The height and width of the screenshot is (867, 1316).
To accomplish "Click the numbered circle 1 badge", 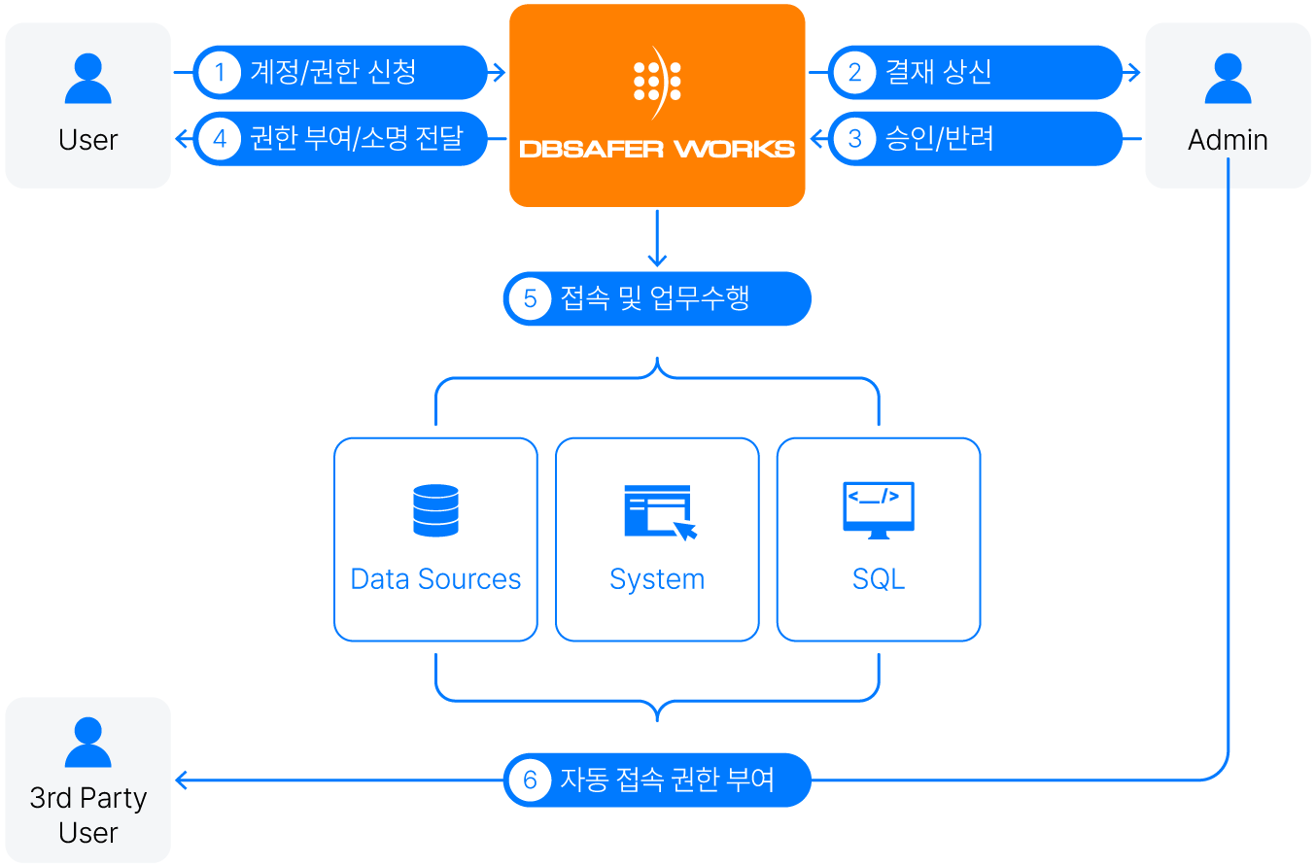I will click(221, 72).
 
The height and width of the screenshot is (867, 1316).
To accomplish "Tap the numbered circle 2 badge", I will click(855, 72).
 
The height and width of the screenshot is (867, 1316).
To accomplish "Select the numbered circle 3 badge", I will click(855, 138).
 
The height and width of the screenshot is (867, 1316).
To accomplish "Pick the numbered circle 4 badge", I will click(221, 138).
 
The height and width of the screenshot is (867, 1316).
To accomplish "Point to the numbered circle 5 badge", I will click(531, 298).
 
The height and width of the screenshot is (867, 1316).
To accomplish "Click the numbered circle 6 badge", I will click(531, 780).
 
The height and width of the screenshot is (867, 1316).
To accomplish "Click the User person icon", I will click(87, 79).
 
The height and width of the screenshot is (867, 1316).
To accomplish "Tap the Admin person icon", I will click(1228, 79).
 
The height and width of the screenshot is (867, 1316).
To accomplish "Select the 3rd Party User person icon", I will click(87, 743).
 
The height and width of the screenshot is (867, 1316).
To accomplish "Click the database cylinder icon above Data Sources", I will click(435, 510).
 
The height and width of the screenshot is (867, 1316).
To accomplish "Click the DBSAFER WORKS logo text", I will click(657, 149).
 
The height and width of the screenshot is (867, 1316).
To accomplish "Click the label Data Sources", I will click(435, 579).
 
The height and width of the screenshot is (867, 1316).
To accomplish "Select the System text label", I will click(657, 579).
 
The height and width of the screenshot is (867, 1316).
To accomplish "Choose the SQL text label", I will click(879, 579).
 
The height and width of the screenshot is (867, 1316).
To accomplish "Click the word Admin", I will click(1228, 140).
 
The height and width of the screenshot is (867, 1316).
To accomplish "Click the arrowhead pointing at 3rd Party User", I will click(181, 780).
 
